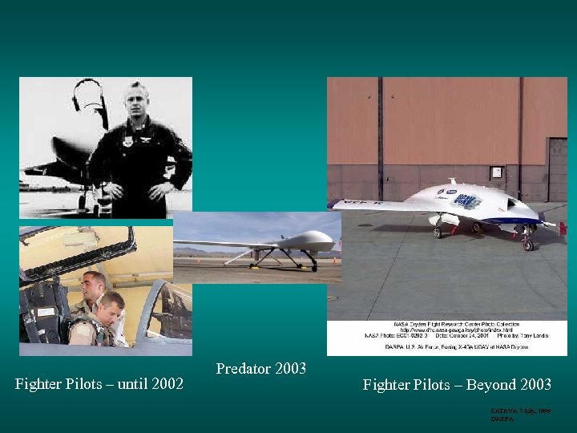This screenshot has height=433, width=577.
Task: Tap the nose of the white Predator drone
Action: point(329,239)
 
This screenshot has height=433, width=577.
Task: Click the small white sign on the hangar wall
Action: point(497,172)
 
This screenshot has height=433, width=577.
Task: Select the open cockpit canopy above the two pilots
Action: point(76,249)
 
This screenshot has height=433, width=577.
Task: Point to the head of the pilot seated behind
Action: point(94,283)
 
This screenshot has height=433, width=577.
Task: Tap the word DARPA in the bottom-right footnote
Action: point(502,419)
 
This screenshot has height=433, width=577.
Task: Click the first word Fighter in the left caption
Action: point(39,385)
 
